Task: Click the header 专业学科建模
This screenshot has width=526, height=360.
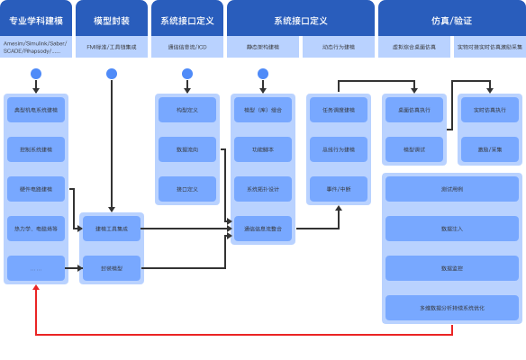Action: coord(35,19)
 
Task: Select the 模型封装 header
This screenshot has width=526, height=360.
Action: coord(111,19)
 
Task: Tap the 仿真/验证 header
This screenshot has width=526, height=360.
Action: coord(450,19)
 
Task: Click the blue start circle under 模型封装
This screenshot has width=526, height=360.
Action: coord(111,73)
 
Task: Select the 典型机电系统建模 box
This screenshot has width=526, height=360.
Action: coord(36,110)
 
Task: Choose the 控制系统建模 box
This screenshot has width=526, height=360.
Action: coord(36,149)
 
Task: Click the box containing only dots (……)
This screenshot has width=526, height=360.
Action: coord(36,268)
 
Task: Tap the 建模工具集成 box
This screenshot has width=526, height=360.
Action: coord(112,229)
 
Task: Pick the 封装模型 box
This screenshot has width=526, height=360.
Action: coord(112,268)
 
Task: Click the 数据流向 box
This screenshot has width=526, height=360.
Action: coord(187,149)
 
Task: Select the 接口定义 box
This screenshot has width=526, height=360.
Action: coord(187,189)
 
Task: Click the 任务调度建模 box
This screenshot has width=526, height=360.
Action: coord(339,110)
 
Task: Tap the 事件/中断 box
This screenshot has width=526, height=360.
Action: coord(339,189)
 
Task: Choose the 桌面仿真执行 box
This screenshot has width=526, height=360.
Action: coord(414,110)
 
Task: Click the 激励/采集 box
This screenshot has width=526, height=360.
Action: coord(490,149)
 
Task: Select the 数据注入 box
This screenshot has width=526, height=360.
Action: coord(452,229)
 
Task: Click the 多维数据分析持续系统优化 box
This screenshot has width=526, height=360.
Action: coord(452,308)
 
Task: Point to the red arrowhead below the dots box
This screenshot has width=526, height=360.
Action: coord(36,287)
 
